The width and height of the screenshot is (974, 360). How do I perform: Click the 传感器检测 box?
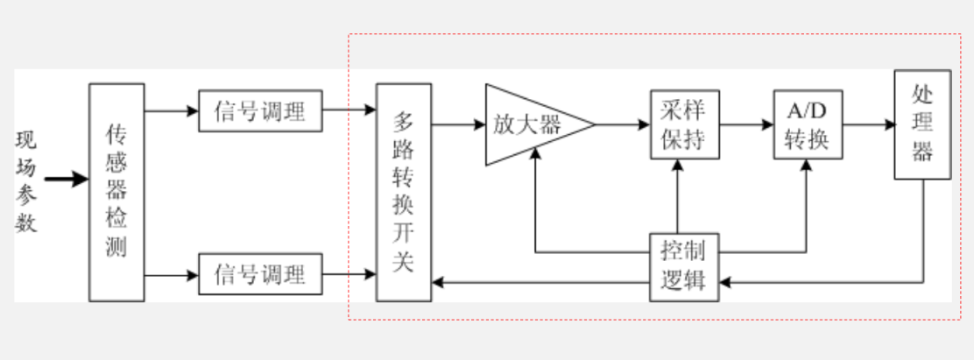(x=116, y=193)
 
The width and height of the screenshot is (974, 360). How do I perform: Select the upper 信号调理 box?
(x=260, y=110)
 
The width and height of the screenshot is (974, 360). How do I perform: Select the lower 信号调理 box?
(x=260, y=275)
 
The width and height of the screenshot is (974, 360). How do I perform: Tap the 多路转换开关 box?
(x=403, y=193)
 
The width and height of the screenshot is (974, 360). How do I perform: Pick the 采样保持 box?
(x=685, y=124)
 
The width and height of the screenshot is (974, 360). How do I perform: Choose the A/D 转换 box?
(x=808, y=124)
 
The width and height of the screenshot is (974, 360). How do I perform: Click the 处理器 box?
(x=922, y=124)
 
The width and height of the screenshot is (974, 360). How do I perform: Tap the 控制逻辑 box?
(x=684, y=266)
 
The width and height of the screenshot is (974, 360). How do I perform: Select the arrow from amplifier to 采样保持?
(x=623, y=124)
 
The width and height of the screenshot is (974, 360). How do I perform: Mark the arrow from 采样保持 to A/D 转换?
(x=746, y=124)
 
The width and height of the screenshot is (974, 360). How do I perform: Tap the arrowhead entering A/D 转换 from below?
(x=806, y=166)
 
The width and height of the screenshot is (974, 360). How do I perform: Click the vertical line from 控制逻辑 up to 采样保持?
(x=677, y=196)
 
